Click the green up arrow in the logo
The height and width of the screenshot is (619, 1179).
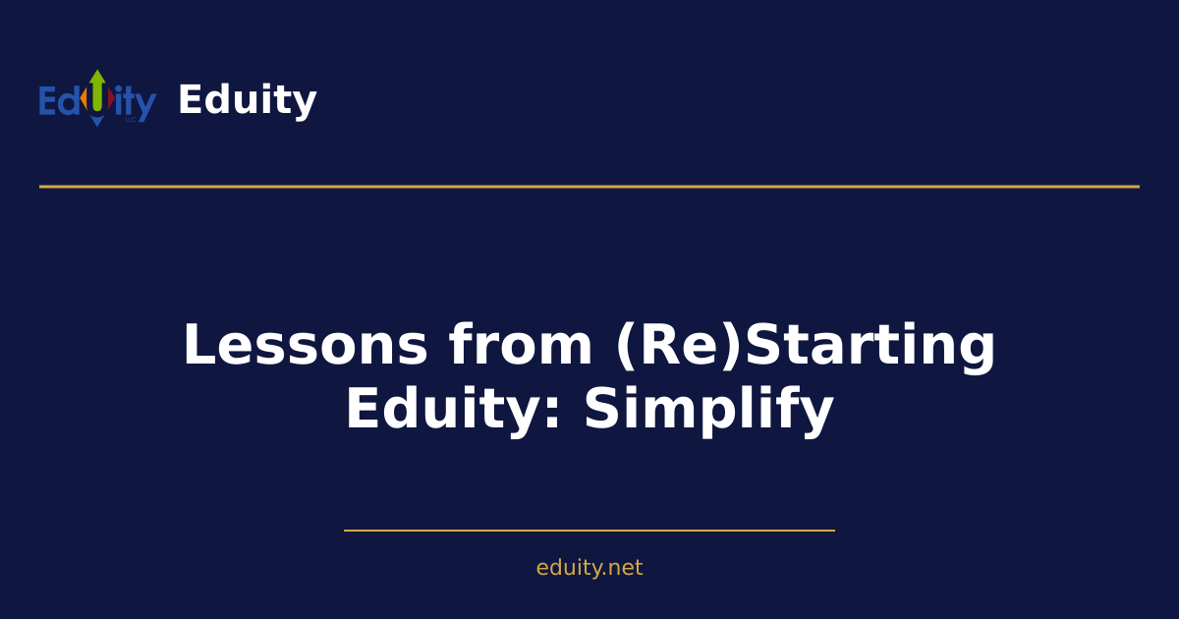click(x=97, y=88)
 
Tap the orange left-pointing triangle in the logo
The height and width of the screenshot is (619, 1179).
click(x=84, y=100)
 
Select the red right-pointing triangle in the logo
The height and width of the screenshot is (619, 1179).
click(x=110, y=100)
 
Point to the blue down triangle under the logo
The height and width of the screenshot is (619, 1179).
click(x=97, y=121)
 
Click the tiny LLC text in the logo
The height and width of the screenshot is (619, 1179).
click(x=130, y=120)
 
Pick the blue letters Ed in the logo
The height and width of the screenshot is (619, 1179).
click(x=59, y=101)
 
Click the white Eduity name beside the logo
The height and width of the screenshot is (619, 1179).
click(x=247, y=100)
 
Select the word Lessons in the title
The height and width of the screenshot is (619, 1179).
click(x=306, y=346)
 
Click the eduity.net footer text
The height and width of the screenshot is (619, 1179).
click(x=589, y=568)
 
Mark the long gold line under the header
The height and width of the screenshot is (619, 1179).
click(x=589, y=186)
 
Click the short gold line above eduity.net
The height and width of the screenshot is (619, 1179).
click(x=589, y=531)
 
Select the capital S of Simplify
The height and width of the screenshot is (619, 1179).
click(x=602, y=410)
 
